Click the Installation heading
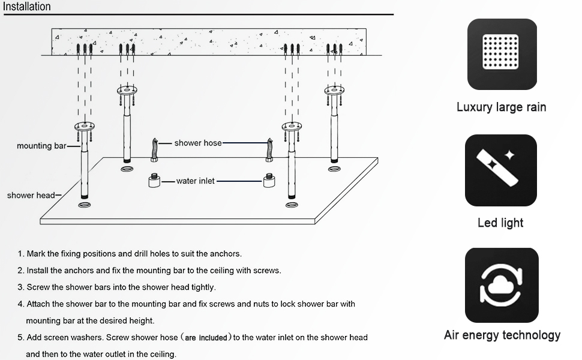click(27, 7)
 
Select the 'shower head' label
click(31, 195)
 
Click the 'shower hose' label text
click(197, 143)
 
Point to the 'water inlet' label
click(195, 181)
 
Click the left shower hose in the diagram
click(155, 150)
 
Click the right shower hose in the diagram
click(269, 150)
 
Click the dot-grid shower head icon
click(502, 54)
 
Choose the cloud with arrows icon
click(502, 285)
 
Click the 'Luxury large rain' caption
click(501, 107)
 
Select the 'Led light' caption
click(500, 223)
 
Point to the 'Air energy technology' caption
click(502, 335)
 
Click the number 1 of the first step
click(20, 254)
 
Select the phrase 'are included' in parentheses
click(206, 338)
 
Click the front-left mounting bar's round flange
click(85, 127)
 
